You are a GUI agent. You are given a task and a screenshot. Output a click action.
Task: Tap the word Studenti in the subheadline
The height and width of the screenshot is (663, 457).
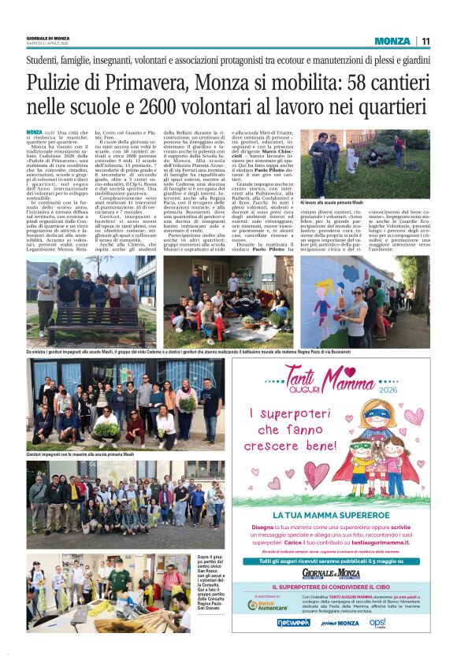pos(45,59)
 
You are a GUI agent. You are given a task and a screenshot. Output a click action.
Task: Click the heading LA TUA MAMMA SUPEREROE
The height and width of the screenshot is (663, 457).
pos(331,515)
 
